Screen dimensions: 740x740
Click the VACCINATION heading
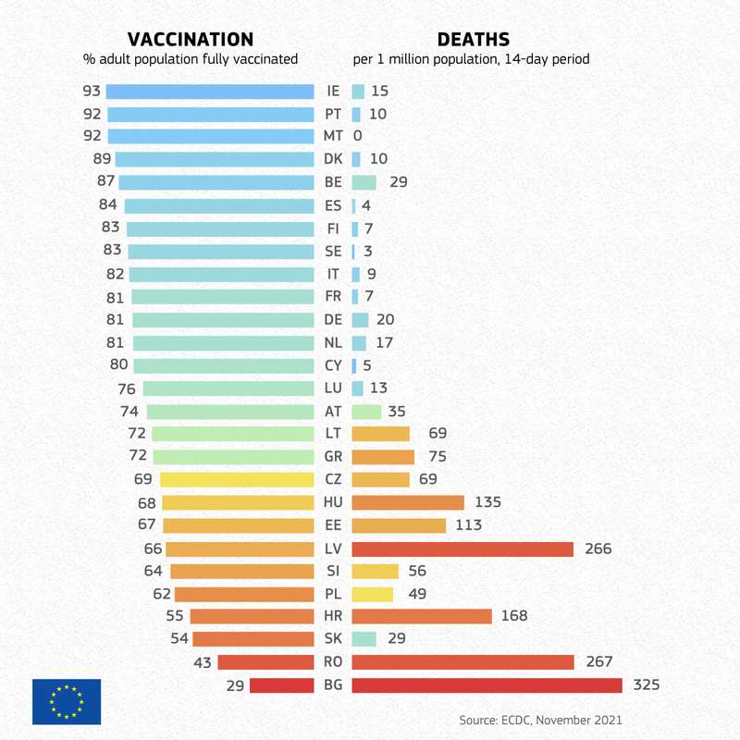point(190,39)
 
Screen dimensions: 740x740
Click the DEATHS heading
point(473,39)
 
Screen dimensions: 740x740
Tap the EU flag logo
point(67,701)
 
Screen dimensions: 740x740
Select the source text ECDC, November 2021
point(540,720)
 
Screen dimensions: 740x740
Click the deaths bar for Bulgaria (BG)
point(487,685)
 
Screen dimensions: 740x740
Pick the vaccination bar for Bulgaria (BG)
point(282,685)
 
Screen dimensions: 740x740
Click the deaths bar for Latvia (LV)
point(462,549)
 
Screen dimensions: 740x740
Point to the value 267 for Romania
point(598,662)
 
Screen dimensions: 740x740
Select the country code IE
point(333,92)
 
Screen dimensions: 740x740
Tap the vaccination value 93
point(91,92)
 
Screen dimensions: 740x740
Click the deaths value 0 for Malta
point(358,137)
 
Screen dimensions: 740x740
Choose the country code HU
point(333,502)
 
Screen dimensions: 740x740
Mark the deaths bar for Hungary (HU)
point(408,502)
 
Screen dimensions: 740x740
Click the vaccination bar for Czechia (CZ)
point(237,480)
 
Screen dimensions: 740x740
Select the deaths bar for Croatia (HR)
point(422,617)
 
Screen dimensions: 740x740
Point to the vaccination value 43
point(203,662)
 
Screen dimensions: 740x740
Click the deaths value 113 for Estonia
point(469,525)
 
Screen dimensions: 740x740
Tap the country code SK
point(333,639)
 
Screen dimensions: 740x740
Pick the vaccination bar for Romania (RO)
point(265,662)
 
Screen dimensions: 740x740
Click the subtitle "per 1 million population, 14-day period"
point(471,59)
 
